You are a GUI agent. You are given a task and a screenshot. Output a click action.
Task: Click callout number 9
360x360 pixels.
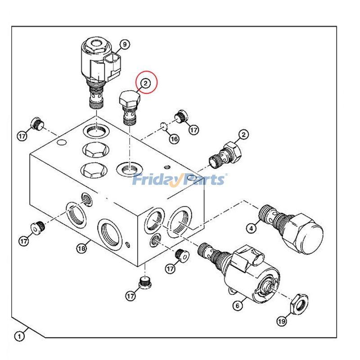124,44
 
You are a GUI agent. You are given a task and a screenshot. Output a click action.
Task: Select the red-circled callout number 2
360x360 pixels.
145,83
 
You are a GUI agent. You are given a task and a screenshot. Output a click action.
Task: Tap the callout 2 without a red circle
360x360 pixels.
243,134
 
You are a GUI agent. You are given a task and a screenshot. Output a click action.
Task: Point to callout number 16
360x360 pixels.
174,139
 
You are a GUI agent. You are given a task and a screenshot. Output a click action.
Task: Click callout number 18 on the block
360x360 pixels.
81,248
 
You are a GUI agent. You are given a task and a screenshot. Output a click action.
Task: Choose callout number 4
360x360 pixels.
252,229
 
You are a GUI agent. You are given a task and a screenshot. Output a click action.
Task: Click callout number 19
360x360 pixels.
281,321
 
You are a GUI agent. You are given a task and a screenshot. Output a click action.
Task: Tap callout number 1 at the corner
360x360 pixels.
19,336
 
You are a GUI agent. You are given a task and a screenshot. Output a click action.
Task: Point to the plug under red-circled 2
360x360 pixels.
129,106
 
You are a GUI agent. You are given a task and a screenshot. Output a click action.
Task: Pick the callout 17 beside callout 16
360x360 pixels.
193,130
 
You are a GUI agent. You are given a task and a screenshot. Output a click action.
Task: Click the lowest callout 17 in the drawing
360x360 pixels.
130,296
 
